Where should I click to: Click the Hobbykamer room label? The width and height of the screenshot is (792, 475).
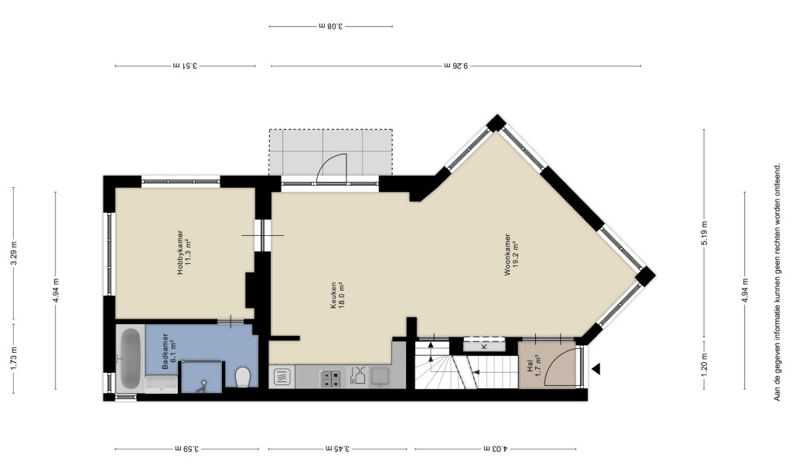[183, 252]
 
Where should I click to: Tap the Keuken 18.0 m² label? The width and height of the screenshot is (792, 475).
[337, 295]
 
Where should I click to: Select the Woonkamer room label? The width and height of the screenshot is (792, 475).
[511, 254]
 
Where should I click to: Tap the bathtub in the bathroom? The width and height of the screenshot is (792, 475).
[130, 358]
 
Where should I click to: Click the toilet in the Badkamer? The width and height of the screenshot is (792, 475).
[243, 377]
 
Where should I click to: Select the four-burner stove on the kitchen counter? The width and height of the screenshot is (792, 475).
[329, 378]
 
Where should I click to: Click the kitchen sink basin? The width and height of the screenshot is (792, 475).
[380, 377]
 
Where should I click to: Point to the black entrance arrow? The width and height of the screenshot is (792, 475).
[596, 369]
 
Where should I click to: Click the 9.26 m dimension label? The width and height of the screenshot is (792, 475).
[456, 65]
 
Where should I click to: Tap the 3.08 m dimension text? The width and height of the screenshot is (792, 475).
[331, 26]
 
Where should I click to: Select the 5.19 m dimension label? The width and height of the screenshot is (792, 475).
[704, 233]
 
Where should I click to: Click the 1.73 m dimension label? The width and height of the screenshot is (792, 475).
[14, 357]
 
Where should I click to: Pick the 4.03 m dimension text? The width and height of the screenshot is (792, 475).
[496, 448]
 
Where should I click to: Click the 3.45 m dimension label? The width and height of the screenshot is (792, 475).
[337, 448]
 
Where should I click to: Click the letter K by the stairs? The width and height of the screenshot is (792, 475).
[483, 346]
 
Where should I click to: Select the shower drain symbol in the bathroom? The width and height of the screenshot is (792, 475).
[201, 387]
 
